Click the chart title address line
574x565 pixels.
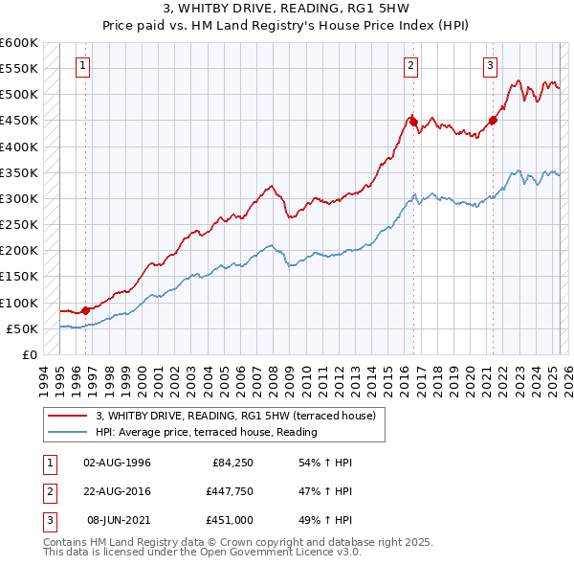coord(286,9)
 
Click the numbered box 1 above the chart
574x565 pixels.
coord(84,66)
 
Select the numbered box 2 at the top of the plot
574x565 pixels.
coord(410,66)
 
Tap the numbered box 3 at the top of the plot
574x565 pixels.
coord(490,66)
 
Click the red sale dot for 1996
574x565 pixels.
coord(85,309)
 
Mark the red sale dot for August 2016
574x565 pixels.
coord(413,121)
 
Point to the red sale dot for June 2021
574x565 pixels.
coord(494,120)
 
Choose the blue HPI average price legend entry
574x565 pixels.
coord(206,433)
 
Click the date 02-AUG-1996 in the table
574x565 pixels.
coord(117,463)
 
